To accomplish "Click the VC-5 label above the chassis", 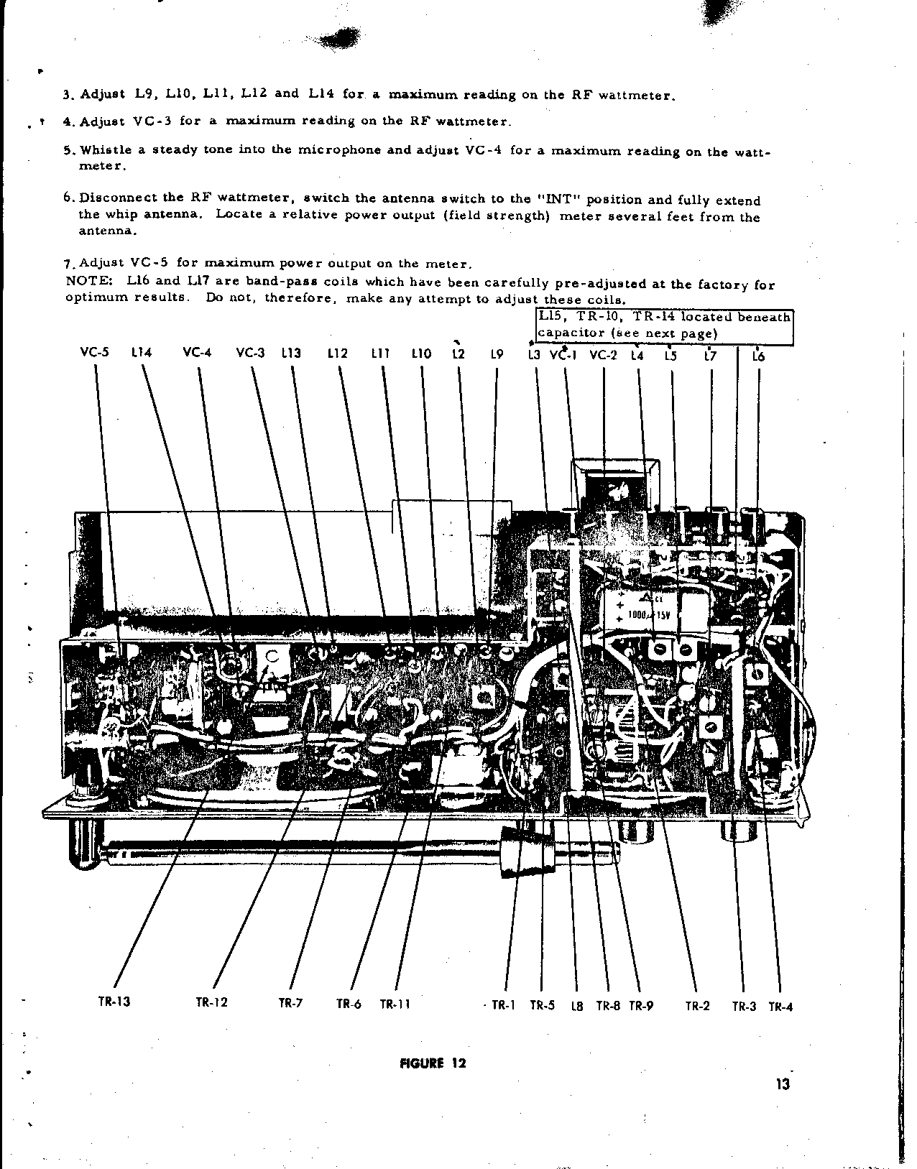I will coord(94,353).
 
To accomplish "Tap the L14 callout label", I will coord(142,353).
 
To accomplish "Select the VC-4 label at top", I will coord(197,353).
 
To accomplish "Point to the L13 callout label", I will coord(291,354).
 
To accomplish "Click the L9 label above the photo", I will coord(496,354).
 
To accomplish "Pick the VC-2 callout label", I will coord(603,355).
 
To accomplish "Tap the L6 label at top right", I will coord(758,356).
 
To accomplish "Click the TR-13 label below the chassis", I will coord(114,1002).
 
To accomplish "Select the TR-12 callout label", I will coord(211,1002).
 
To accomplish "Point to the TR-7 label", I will coord(290,1003).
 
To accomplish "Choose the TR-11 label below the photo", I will coord(395,1004).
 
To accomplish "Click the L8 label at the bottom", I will coord(576,1006).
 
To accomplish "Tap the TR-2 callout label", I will coord(697,1006).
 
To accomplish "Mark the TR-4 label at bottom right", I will coord(780,1007).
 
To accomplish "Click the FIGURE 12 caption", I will coord(432,1063).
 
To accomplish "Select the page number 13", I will coord(783,1085).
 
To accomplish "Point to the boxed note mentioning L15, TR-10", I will coord(665,325).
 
